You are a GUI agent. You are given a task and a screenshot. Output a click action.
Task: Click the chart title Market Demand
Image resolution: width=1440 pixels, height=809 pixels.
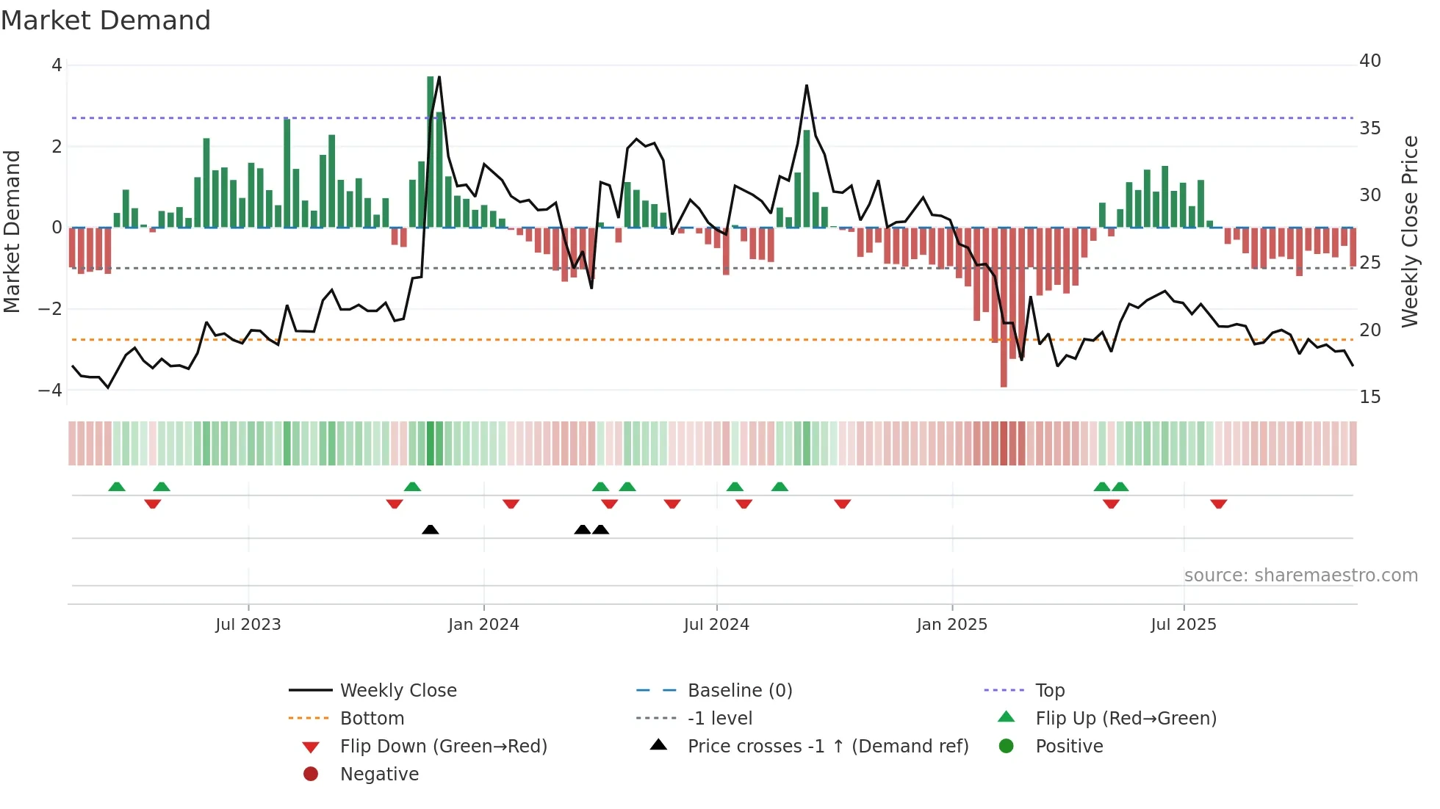(106, 21)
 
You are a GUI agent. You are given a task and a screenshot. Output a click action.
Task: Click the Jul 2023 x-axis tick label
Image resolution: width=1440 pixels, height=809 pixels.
(248, 625)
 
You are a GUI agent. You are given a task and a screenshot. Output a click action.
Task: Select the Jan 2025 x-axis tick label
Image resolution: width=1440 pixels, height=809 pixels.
(951, 625)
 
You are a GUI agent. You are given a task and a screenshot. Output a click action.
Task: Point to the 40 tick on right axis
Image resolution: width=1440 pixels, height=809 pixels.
(1369, 61)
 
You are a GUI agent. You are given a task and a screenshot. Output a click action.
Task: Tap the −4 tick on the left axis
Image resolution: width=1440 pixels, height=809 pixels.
(50, 391)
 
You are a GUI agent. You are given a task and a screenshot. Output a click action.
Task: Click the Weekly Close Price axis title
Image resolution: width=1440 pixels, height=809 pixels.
(1409, 231)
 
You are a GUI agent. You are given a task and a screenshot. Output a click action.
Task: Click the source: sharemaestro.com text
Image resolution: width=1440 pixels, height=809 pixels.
(1300, 576)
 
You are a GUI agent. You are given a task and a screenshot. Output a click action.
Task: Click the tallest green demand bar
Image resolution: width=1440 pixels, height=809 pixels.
(431, 151)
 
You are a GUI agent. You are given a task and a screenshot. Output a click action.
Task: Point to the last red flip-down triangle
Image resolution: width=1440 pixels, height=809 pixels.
(1219, 504)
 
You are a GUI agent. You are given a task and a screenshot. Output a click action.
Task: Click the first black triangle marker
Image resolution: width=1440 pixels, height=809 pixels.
(431, 529)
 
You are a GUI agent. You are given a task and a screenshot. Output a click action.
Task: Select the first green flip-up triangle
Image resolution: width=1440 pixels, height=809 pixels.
(117, 487)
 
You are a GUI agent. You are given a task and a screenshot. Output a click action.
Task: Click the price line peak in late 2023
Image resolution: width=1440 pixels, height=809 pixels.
(439, 77)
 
